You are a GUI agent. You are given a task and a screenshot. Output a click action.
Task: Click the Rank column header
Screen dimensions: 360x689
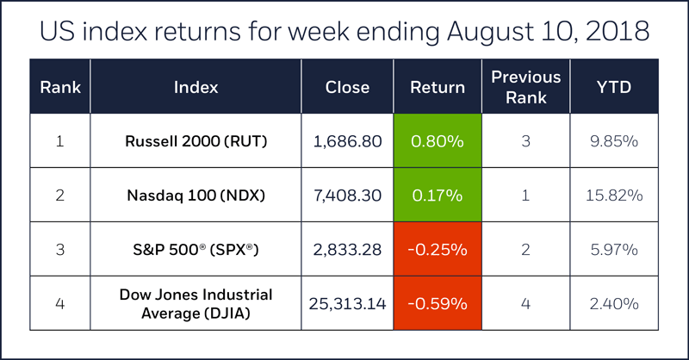pyautogui.click(x=59, y=87)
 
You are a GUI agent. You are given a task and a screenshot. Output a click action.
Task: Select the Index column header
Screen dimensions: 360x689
pyautogui.click(x=196, y=87)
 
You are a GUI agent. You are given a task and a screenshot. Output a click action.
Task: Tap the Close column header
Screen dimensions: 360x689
pyautogui.click(x=347, y=87)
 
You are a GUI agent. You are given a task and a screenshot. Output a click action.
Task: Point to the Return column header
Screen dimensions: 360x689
pyautogui.click(x=438, y=87)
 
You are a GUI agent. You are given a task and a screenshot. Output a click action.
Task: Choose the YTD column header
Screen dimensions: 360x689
pyautogui.click(x=614, y=87)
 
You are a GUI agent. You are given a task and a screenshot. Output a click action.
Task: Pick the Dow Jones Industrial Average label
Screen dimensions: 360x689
pyautogui.click(x=196, y=303)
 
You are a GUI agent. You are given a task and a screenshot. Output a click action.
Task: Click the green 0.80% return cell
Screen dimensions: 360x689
pyautogui.click(x=438, y=140)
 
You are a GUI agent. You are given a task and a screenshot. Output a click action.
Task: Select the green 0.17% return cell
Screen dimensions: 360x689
pyautogui.click(x=438, y=196)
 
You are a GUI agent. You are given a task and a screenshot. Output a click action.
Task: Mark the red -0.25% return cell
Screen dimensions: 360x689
pyautogui.click(x=438, y=250)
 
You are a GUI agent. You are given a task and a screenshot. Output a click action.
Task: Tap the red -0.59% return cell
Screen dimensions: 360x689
pyautogui.click(x=438, y=303)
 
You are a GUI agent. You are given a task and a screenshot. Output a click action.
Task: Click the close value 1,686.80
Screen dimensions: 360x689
pyautogui.click(x=347, y=140)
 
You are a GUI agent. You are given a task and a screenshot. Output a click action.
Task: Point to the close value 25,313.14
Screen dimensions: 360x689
pyautogui.click(x=347, y=303)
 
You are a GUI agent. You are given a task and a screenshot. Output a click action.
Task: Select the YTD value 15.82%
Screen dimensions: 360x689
pyautogui.click(x=614, y=196)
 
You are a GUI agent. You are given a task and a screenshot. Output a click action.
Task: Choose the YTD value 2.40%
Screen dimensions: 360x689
pyautogui.click(x=614, y=303)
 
